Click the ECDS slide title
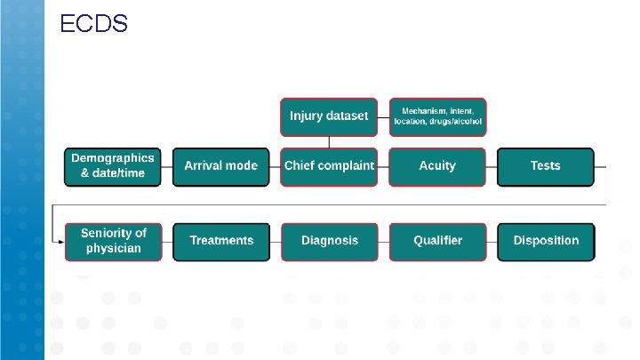pyautogui.click(x=93, y=24)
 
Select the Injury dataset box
pyautogui.click(x=329, y=116)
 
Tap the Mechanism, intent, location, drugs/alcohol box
pyautogui.click(x=438, y=116)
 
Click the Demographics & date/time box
pyautogui.click(x=114, y=166)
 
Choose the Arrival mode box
pyautogui.click(x=220, y=166)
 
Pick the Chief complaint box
pyautogui.click(x=329, y=166)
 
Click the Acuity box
pyautogui.click(x=437, y=166)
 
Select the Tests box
pyautogui.click(x=545, y=166)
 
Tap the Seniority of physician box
pyautogui.click(x=114, y=241)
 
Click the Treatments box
pyautogui.click(x=221, y=241)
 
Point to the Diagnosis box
pyautogui.click(x=329, y=241)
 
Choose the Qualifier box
pyautogui.click(x=437, y=241)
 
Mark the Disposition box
pyautogui.click(x=545, y=241)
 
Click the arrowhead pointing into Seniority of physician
pyautogui.click(x=60, y=241)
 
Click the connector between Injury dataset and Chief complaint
pyautogui.click(x=329, y=141)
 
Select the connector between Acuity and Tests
pyautogui.click(x=492, y=166)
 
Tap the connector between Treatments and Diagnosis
pyautogui.click(x=276, y=241)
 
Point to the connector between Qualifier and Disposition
pyautogui.click(x=492, y=241)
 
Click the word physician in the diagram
pyautogui.click(x=114, y=249)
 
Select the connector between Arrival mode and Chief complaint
pyautogui.click(x=275, y=166)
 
